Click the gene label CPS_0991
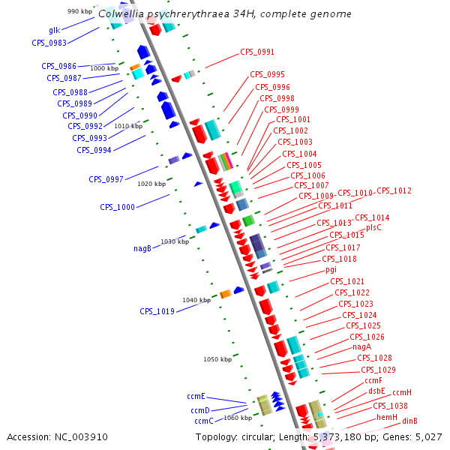[257, 52]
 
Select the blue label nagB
[142, 248]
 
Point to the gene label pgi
[331, 269]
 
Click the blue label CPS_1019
[157, 311]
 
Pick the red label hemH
[387, 417]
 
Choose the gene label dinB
[409, 421]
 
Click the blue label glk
[54, 31]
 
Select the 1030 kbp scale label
[175, 241]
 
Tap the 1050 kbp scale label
[217, 359]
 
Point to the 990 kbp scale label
[79, 11]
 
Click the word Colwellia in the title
[122, 13]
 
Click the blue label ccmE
[196, 396]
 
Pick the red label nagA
[362, 347]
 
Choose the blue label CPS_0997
[106, 179]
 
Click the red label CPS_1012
[394, 191]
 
